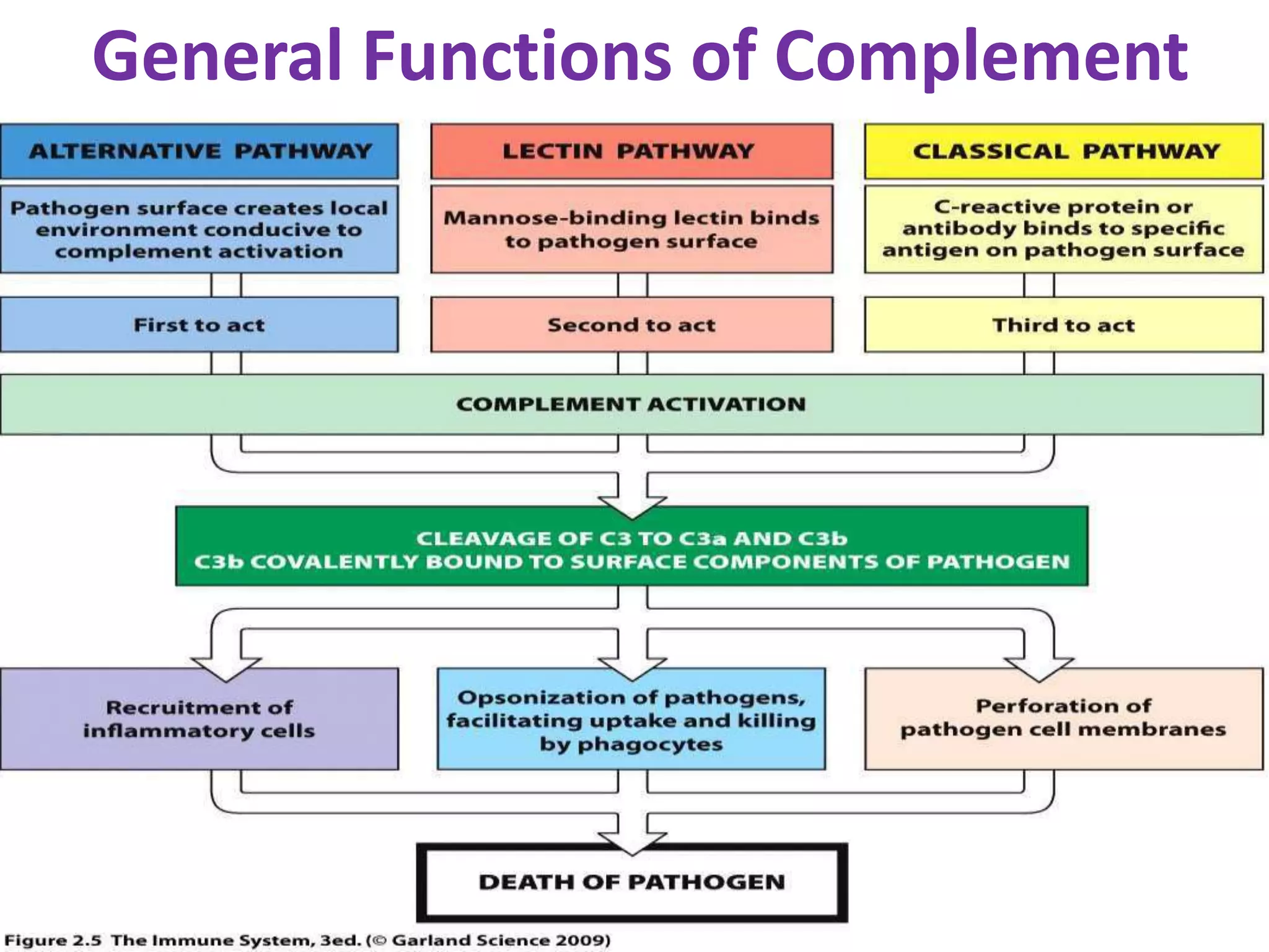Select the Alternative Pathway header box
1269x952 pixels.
click(200, 151)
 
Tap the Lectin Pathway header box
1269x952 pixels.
click(631, 151)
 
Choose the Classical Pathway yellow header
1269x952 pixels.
click(1063, 151)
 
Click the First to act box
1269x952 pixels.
click(200, 325)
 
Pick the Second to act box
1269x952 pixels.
click(631, 325)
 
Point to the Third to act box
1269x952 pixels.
click(1063, 325)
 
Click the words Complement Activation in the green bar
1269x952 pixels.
click(631, 404)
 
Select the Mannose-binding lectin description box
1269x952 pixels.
click(631, 229)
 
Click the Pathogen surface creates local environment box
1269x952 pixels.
click(200, 229)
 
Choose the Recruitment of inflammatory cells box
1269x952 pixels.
click(200, 719)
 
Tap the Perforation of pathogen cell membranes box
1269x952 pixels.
click(1063, 718)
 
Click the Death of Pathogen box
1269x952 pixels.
click(631, 881)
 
